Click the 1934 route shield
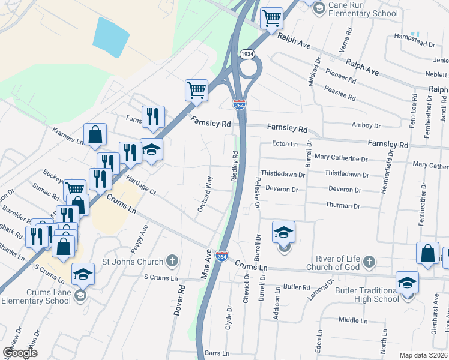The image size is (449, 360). point(246,54)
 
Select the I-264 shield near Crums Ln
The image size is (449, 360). point(221,256)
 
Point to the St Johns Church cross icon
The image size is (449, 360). point(172,261)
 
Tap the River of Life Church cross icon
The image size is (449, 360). point(369,262)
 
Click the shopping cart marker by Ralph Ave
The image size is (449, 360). point(271,18)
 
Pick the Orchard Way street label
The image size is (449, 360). point(206,194)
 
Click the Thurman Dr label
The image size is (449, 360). point(343,206)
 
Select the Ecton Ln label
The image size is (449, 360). point(285,144)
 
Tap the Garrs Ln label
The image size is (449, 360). point(217,353)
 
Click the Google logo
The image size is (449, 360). point(20,353)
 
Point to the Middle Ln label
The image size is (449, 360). point(352,320)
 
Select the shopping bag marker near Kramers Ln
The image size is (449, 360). point(95,136)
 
